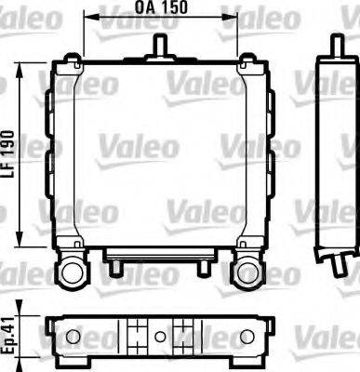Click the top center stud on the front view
click(160, 44)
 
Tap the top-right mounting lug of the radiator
click(247, 63)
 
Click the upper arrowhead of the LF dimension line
click(20, 68)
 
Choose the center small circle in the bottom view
click(160, 336)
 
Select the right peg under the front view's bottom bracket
click(202, 270)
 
